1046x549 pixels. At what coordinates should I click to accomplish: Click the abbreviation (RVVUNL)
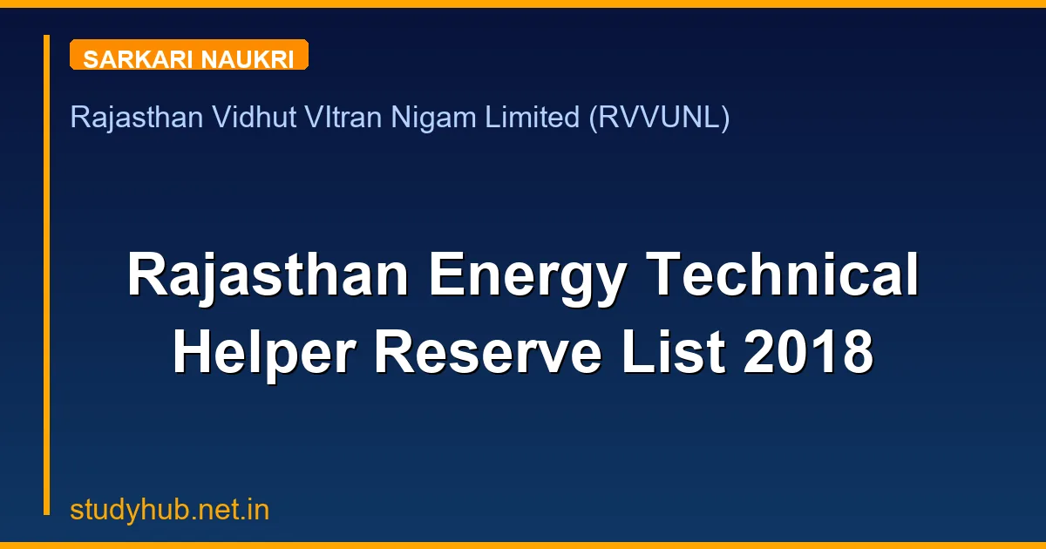pyautogui.click(x=659, y=118)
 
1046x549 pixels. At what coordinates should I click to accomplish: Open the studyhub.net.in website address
pyautogui.click(x=170, y=511)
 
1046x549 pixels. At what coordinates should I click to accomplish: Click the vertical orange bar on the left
pyautogui.click(x=47, y=274)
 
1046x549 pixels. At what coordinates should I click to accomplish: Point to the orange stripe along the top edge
pyautogui.click(x=523, y=3)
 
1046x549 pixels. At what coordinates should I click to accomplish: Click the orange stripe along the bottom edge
pyautogui.click(x=523, y=546)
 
